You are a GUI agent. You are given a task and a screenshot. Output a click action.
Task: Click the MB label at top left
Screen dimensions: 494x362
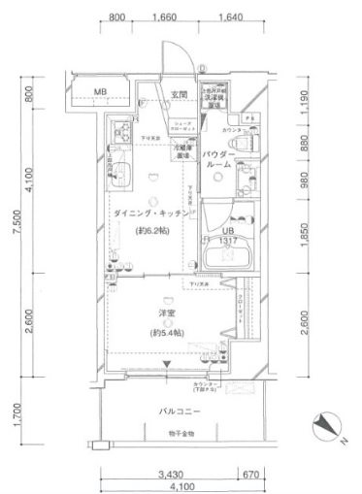[101, 94]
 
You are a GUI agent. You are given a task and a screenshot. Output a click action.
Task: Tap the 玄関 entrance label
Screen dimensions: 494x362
[179, 94]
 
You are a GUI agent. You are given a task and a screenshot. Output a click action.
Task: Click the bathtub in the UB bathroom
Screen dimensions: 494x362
[229, 257]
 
